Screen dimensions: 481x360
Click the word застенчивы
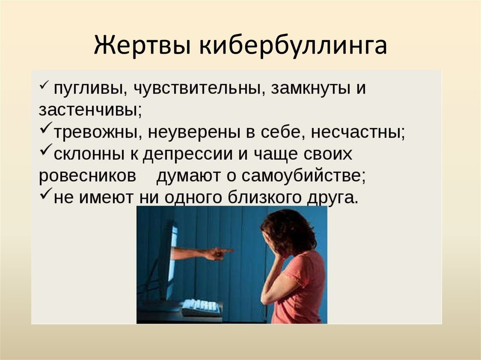pos(90,110)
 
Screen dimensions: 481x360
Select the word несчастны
pos(358,132)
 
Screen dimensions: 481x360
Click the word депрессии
pos(188,154)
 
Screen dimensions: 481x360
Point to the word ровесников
pos(87,176)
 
